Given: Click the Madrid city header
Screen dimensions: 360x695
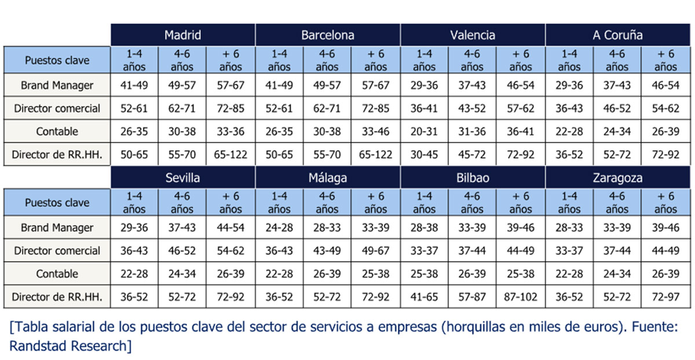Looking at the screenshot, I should click(x=182, y=35).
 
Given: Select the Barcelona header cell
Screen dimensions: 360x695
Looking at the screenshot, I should click(x=327, y=35).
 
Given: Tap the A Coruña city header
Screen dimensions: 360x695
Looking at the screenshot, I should click(x=617, y=35).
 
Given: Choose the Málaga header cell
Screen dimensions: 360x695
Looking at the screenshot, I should click(x=327, y=178).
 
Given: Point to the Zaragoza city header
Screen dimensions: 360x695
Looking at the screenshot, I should click(x=617, y=178).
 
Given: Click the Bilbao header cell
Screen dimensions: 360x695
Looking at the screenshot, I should click(x=473, y=178).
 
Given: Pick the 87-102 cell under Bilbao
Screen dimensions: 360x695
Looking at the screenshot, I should click(x=521, y=297).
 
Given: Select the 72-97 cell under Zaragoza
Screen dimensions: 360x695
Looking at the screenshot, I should click(x=665, y=297).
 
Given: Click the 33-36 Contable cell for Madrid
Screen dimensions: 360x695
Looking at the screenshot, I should click(x=231, y=131).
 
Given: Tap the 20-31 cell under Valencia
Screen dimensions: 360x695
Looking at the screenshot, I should click(x=425, y=131).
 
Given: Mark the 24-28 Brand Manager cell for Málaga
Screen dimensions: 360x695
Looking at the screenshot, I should click(x=279, y=227).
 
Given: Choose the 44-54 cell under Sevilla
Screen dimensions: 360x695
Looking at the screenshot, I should click(x=231, y=227).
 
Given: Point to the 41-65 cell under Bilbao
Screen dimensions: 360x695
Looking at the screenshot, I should click(x=425, y=297).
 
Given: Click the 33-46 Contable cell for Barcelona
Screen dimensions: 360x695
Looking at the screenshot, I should click(x=375, y=131).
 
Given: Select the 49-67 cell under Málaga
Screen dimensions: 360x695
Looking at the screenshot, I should click(x=375, y=251).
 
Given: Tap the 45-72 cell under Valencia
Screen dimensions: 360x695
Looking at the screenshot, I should click(x=473, y=155).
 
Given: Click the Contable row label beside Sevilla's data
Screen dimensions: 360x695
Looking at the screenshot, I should click(x=57, y=274).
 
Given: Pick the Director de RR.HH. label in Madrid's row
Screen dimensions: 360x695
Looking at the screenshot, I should click(x=57, y=155).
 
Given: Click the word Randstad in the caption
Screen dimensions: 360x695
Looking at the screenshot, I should click(x=36, y=346).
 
